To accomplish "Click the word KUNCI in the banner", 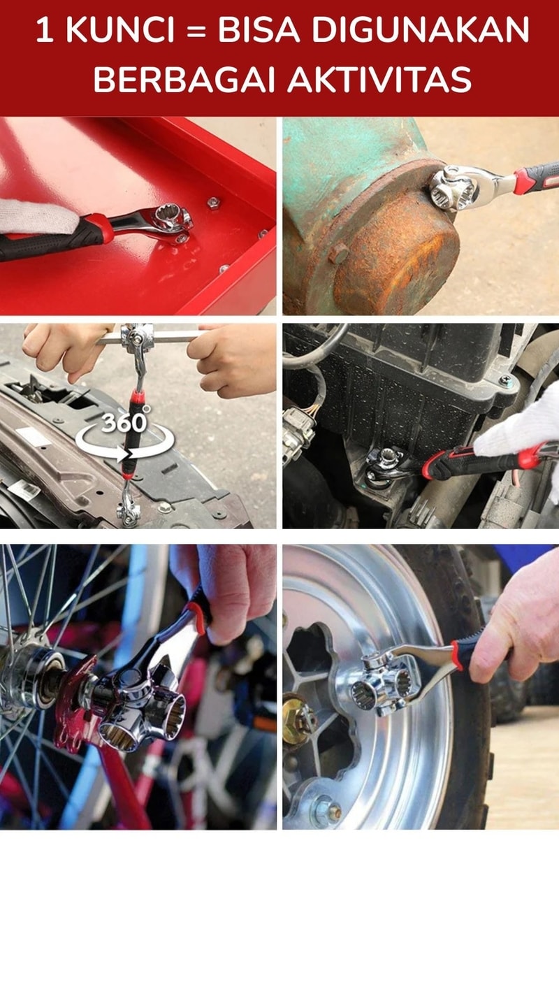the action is [x=119, y=31].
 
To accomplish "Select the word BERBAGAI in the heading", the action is [x=184, y=80].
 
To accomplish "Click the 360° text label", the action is [x=126, y=422].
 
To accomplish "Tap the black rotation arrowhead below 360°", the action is [x=126, y=455].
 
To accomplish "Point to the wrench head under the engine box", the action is [x=385, y=465].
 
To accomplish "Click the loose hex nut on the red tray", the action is [x=214, y=203].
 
